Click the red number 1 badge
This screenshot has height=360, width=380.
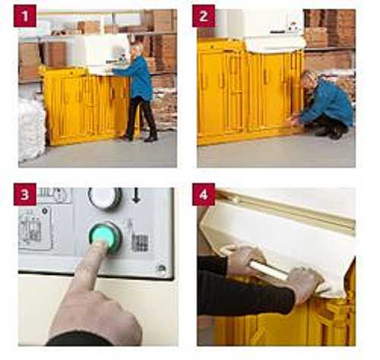[25, 16]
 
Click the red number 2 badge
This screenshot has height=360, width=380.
[204, 16]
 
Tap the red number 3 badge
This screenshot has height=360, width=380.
[25, 194]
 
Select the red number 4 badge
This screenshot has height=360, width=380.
[204, 194]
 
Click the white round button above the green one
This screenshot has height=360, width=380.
[105, 198]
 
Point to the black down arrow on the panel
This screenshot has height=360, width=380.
[136, 195]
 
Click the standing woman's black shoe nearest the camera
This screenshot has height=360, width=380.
[151, 138]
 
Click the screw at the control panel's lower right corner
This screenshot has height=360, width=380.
[161, 268]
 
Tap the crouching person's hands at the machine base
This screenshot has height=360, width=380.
[295, 120]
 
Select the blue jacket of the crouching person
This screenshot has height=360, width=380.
[328, 103]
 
